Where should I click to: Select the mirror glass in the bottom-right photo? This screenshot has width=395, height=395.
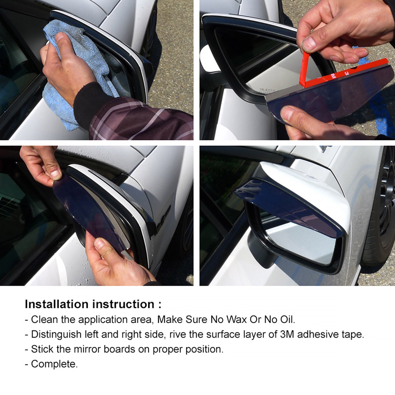click(300, 245)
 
